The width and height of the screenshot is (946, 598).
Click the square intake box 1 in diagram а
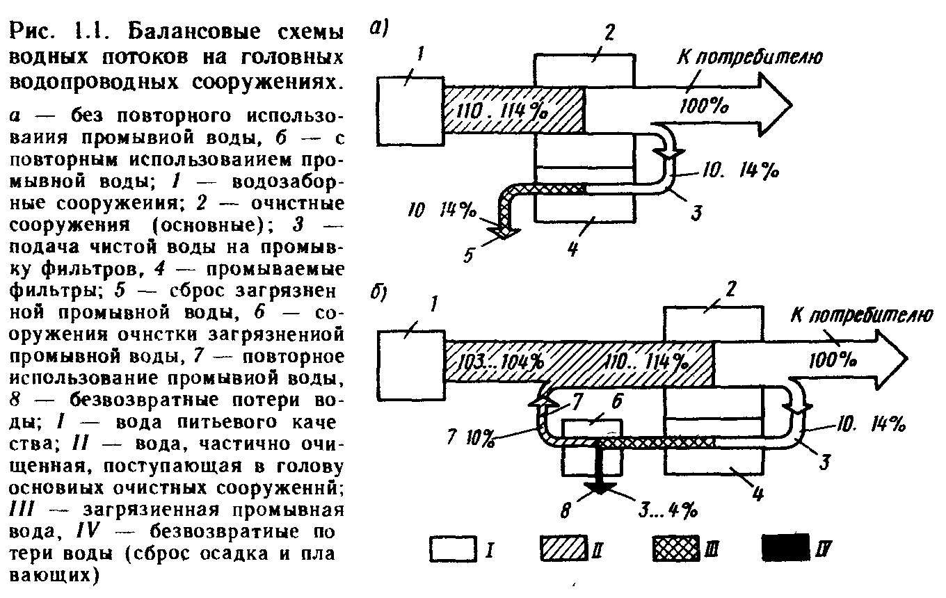[x=410, y=111]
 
